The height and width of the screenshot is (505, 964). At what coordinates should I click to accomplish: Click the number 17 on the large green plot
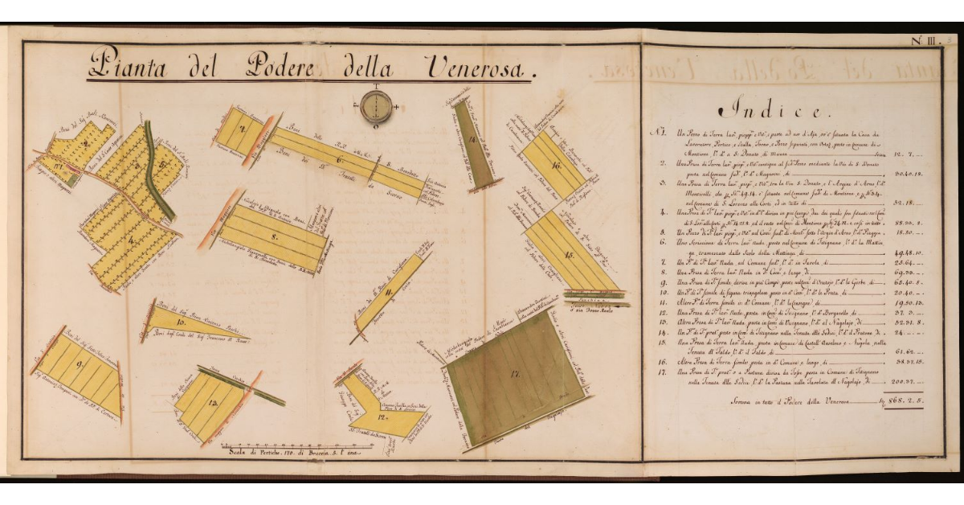pyautogui.click(x=515, y=373)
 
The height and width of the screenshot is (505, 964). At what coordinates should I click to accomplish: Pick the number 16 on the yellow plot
pyautogui.click(x=556, y=166)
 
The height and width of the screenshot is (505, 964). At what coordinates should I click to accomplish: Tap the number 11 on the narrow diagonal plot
pyautogui.click(x=387, y=294)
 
